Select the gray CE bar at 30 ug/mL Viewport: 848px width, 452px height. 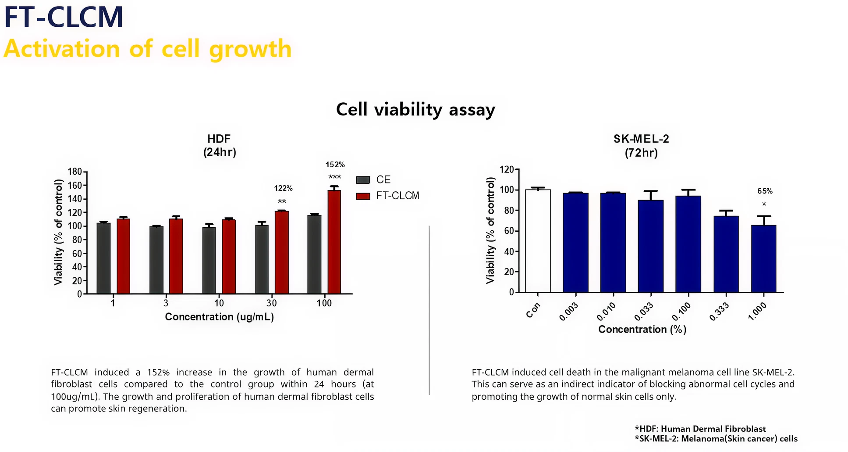(x=262, y=259)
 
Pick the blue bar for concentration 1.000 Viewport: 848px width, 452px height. (x=763, y=259)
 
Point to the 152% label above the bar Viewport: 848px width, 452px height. (x=335, y=165)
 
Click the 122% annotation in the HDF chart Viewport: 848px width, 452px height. (x=283, y=188)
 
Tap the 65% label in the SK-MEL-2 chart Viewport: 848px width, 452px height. (x=765, y=191)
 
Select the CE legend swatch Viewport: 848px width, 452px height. (x=363, y=179)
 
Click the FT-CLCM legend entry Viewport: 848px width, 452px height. (x=397, y=196)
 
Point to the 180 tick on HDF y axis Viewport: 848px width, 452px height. (x=75, y=172)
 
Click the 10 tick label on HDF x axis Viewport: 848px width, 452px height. (x=219, y=303)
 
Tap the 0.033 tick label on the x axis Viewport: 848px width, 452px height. (x=644, y=312)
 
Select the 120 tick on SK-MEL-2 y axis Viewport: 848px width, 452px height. (x=507, y=169)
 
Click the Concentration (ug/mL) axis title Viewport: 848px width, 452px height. (x=219, y=317)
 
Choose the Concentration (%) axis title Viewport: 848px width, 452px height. (x=642, y=329)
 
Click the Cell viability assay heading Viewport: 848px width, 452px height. (x=415, y=109)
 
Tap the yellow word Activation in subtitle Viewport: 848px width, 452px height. (x=61, y=49)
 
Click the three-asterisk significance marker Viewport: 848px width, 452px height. (x=335, y=177)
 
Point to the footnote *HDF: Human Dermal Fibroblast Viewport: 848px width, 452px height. (x=700, y=429)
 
